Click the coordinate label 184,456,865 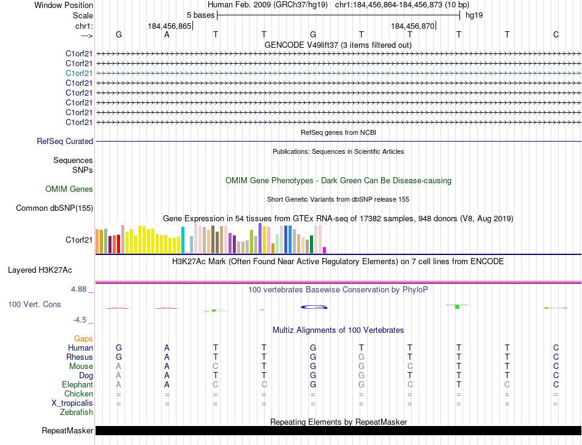pos(170,26)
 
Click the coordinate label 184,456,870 pos(412,26)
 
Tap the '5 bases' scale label pos(200,15)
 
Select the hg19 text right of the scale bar pos(474,15)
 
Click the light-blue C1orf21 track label pos(80,73)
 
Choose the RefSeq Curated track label pos(65,142)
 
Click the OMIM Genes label pos(69,189)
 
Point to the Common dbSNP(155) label pos(55,208)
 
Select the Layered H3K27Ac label pos(40,270)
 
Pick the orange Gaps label pos(83,338)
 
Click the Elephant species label pos(77,384)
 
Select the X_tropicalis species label pos(72,403)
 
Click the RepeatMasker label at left pos(67,430)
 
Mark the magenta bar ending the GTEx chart pos(324,249)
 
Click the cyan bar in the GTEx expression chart pos(183,240)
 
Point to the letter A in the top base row pos(167,34)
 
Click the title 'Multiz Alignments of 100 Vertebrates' pos(338,330)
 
